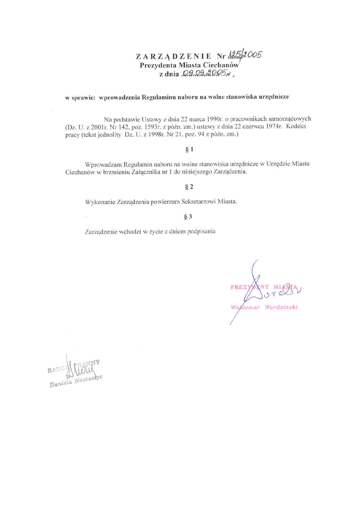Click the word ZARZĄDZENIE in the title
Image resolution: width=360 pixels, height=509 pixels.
point(170,56)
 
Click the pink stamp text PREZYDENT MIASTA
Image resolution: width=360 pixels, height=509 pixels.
point(264,287)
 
